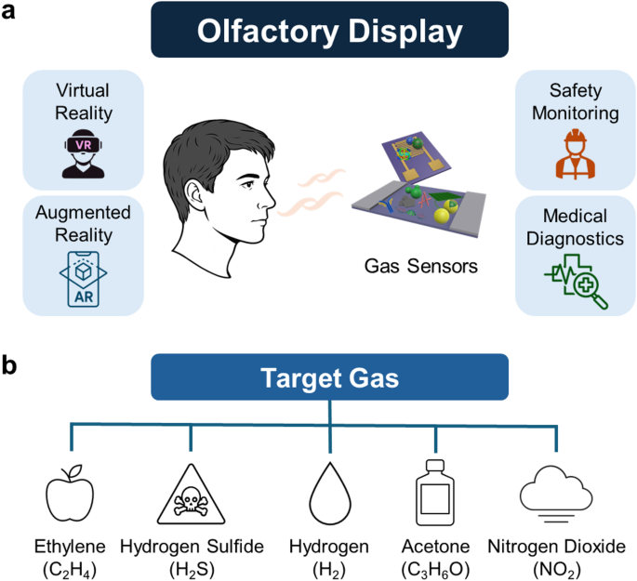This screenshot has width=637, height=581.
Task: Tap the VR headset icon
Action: click(83, 150)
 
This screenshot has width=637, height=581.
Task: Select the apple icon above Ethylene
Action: click(70, 492)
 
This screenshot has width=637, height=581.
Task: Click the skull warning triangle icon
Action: click(191, 494)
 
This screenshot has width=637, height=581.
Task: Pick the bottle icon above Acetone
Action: click(433, 492)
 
